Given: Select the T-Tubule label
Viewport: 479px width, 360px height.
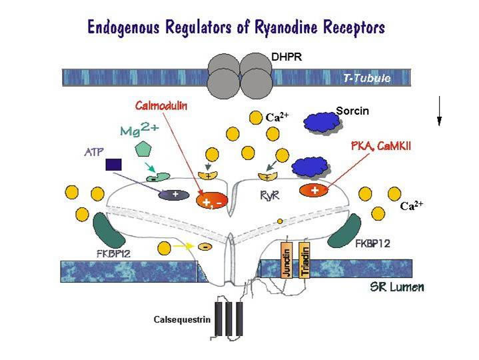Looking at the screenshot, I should coord(366,79).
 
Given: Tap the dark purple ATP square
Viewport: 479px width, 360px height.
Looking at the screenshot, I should coord(114,163).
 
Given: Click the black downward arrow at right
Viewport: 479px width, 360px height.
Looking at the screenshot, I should coord(439,111).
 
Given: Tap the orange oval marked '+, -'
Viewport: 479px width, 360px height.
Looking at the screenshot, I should coord(211,200).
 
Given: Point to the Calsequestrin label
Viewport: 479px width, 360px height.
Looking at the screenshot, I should coord(182,320).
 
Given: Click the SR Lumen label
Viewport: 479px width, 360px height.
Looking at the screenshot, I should coord(396,289).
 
